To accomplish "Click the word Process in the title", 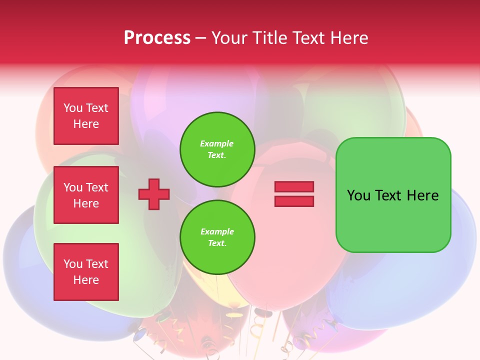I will [157, 38].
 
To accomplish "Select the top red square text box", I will [86, 116].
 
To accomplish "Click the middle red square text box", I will [86, 195].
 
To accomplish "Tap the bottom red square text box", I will [86, 272].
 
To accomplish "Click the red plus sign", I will [154, 194].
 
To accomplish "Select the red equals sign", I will [294, 194].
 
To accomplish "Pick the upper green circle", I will [217, 149].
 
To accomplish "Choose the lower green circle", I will [217, 237].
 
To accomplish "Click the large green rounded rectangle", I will [393, 195].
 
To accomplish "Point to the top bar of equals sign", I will [294, 187].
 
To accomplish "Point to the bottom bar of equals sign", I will [294, 201].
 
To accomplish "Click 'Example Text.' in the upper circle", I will [217, 149].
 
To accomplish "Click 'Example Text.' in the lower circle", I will [217, 237].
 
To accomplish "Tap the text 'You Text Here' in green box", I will [393, 195].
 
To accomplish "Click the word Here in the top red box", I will [86, 124].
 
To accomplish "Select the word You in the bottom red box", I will [73, 264].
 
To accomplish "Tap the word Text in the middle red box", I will [96, 187].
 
